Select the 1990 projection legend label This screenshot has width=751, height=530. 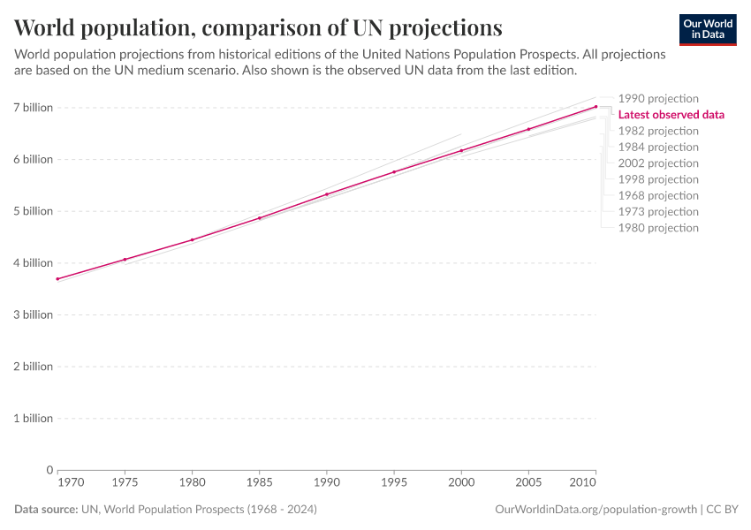[658, 99]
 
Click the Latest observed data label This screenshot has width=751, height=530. [671, 115]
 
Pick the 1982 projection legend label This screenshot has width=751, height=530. [658, 131]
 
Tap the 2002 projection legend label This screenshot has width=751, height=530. [658, 163]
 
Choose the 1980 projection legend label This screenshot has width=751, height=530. [658, 228]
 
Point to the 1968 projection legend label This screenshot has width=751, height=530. [658, 195]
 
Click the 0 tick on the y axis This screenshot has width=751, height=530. [49, 470]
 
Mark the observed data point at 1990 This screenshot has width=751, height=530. [327, 194]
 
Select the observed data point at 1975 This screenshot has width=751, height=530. [125, 260]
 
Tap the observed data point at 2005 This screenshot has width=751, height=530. [528, 130]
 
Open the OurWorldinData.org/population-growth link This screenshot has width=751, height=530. [595, 510]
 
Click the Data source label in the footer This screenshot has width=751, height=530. [46, 510]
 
